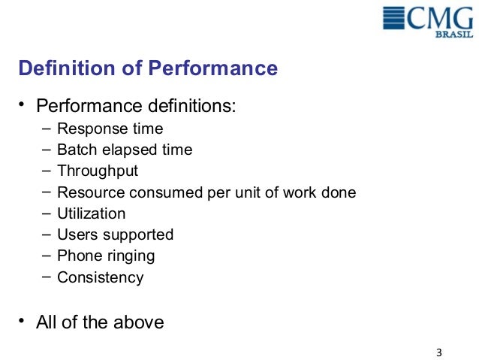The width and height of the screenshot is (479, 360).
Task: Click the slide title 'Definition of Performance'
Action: click(x=148, y=69)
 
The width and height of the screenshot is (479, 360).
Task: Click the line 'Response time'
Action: click(x=110, y=129)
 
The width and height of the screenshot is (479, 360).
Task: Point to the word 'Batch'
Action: click(x=76, y=150)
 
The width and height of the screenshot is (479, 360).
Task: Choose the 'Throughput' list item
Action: click(x=98, y=171)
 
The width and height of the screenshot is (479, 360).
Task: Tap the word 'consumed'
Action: click(x=158, y=192)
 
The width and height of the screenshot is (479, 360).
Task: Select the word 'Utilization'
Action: click(x=91, y=213)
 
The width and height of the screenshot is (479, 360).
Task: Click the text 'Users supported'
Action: click(x=115, y=234)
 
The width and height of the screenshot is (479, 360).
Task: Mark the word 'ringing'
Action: click(x=129, y=256)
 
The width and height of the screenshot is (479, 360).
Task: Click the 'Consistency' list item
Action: click(x=100, y=277)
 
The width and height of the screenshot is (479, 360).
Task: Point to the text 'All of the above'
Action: click(x=100, y=322)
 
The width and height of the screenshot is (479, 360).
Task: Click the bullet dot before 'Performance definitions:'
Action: click(x=23, y=102)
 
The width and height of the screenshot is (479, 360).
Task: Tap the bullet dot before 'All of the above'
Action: click(x=23, y=322)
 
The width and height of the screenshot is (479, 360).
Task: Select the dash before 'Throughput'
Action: click(x=47, y=170)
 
